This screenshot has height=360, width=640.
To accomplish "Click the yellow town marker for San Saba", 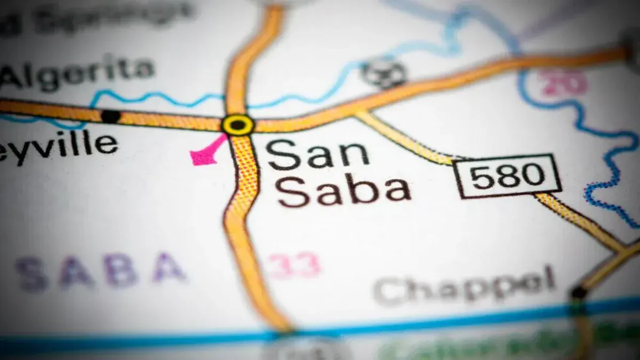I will (x=238, y=125).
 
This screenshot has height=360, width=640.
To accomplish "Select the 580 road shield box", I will (x=507, y=175).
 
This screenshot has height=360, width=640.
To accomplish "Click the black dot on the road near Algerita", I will (x=110, y=115).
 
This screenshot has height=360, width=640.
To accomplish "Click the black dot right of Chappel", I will (x=579, y=292).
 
